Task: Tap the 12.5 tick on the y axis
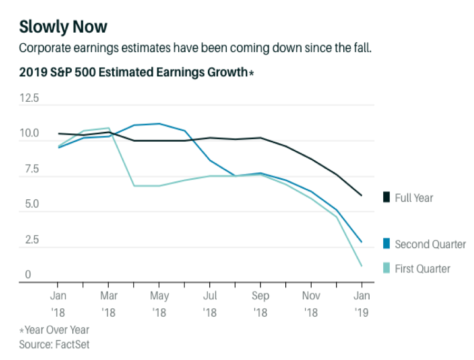pos(29,98)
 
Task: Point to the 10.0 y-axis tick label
pos(29,133)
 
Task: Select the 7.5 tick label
pos(29,169)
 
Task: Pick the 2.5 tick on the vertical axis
pos(29,240)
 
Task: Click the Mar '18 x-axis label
pos(108,304)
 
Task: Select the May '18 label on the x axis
pos(159,304)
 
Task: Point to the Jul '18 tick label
pos(210,304)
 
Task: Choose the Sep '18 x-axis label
pos(260,304)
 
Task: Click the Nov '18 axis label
pos(311,304)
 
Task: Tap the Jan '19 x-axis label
pos(362,304)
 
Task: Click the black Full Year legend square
pos(385,198)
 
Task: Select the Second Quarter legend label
pos(430,244)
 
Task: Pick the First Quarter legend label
pos(422,269)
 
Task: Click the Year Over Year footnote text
pos(57,330)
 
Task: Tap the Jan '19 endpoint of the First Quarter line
pos(362,266)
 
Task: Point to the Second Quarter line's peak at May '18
pos(159,123)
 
